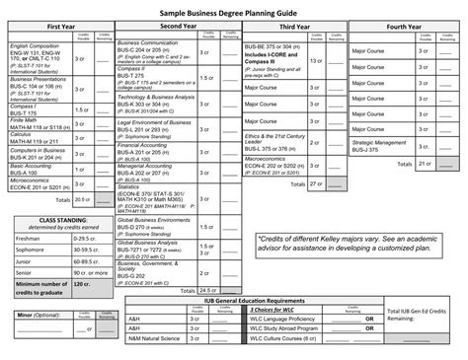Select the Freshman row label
(x=23, y=237)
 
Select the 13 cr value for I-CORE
(x=316, y=60)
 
